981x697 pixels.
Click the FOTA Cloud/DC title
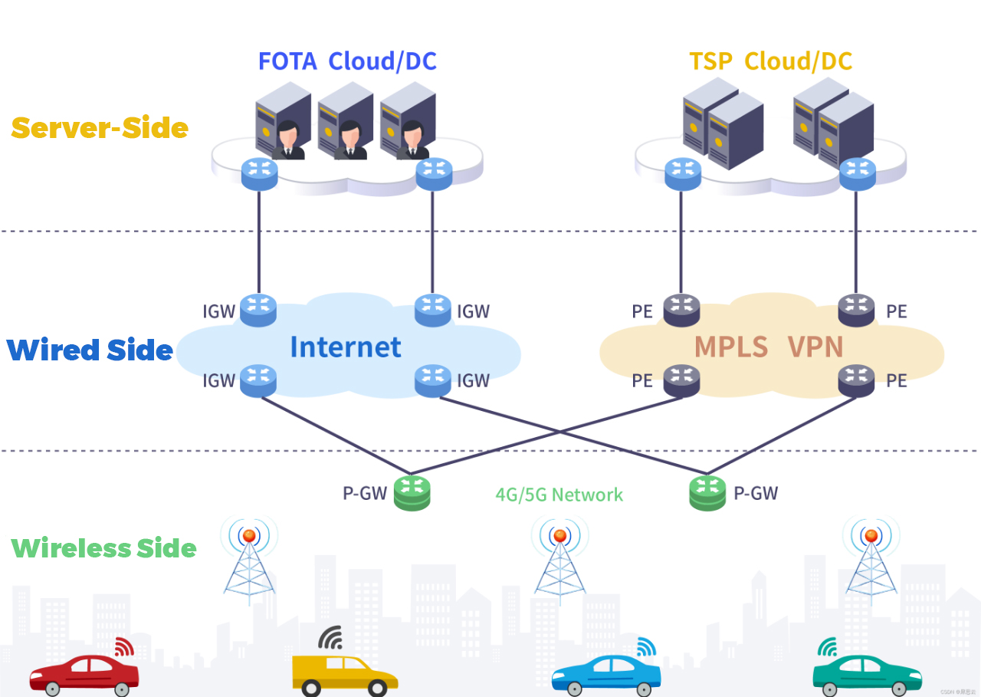(347, 61)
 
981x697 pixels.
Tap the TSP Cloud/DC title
(770, 61)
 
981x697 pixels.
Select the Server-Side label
(100, 128)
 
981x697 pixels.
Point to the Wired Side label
(90, 350)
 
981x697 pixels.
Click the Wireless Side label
(103, 549)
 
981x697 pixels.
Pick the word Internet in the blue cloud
(345, 347)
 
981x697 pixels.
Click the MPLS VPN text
(769, 347)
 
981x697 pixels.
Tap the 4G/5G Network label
(559, 495)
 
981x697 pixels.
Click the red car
(84, 674)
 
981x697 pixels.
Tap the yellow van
(344, 675)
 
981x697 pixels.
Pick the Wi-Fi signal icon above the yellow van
(332, 637)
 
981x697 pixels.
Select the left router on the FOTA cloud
(258, 173)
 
